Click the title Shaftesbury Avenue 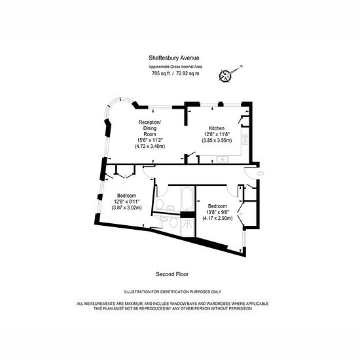coord(174,58)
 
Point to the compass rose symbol coord(225,76)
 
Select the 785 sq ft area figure coord(161,74)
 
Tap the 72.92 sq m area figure coord(188,74)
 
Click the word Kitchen coord(217,128)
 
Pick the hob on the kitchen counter coord(245,139)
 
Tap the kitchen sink coord(222,159)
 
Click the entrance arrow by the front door coord(261,173)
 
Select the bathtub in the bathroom coord(188,198)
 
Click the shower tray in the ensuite coord(188,227)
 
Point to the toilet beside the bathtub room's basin coord(159,204)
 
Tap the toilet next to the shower coord(173,223)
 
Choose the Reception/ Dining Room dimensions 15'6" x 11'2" coord(150,140)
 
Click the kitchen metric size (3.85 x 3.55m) coord(217,140)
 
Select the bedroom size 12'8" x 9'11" coord(126,202)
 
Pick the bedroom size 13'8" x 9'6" coord(217,212)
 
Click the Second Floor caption coord(172,274)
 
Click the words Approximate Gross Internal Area coord(175,67)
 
